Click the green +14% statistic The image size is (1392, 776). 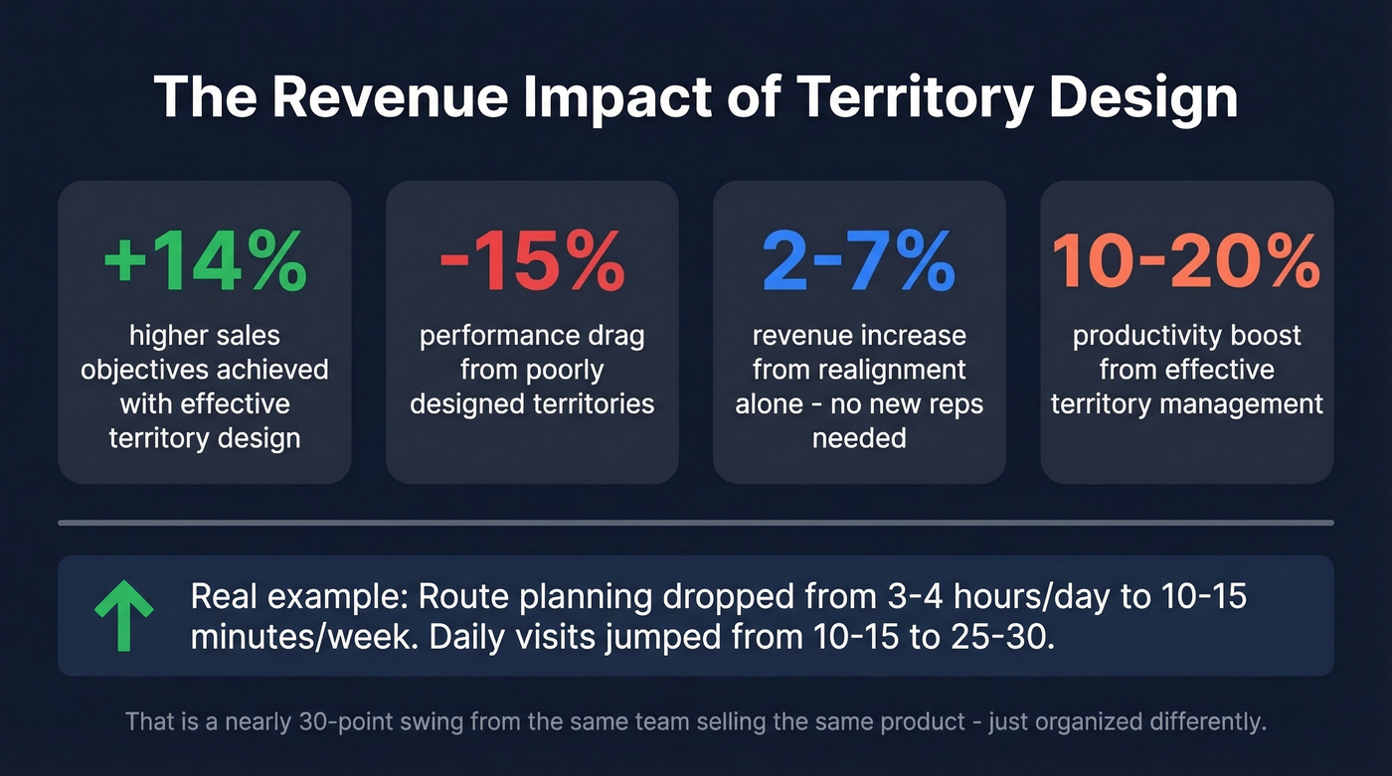click(204, 261)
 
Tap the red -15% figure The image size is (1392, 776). click(532, 261)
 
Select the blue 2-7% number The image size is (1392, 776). click(859, 261)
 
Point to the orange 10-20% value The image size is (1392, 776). click(1186, 261)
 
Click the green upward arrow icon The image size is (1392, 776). click(123, 616)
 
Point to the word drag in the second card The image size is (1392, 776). click(616, 336)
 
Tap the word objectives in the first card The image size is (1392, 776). click(149, 370)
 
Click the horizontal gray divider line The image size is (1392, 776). click(696, 522)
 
